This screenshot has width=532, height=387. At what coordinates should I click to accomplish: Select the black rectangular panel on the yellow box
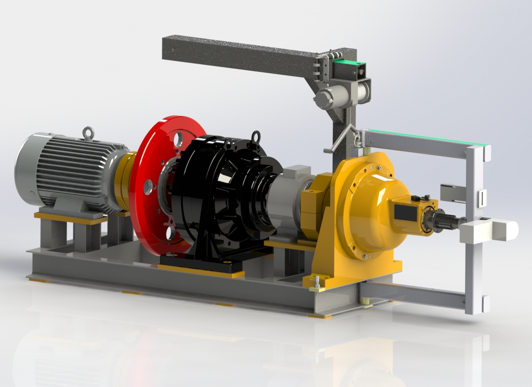pos(403,213)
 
